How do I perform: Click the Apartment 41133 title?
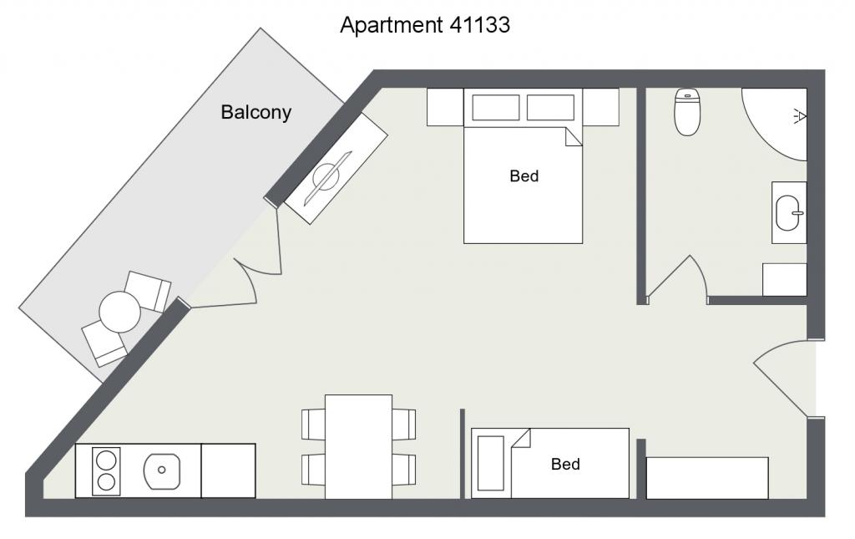pyautogui.click(x=425, y=25)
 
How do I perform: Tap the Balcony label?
pyautogui.click(x=255, y=112)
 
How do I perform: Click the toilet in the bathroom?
pyautogui.click(x=687, y=112)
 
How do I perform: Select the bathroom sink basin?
pyautogui.click(x=788, y=213)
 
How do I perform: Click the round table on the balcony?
pyautogui.click(x=120, y=312)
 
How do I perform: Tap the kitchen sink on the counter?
pyautogui.click(x=161, y=470)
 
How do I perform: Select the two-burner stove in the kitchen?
pyautogui.click(x=106, y=471)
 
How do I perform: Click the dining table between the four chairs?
pyautogui.click(x=358, y=447)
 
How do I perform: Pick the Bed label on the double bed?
pyautogui.click(x=524, y=176)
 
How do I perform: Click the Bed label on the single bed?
pyautogui.click(x=565, y=465)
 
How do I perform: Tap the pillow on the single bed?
pyautogui.click(x=491, y=463)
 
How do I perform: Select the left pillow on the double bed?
pyautogui.click(x=496, y=108)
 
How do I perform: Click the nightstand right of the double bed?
pyautogui.click(x=600, y=107)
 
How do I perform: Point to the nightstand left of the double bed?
pyautogui.click(x=445, y=107)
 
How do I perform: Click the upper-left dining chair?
pyautogui.click(x=314, y=424)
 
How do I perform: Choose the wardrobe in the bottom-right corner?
pyautogui.click(x=707, y=478)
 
